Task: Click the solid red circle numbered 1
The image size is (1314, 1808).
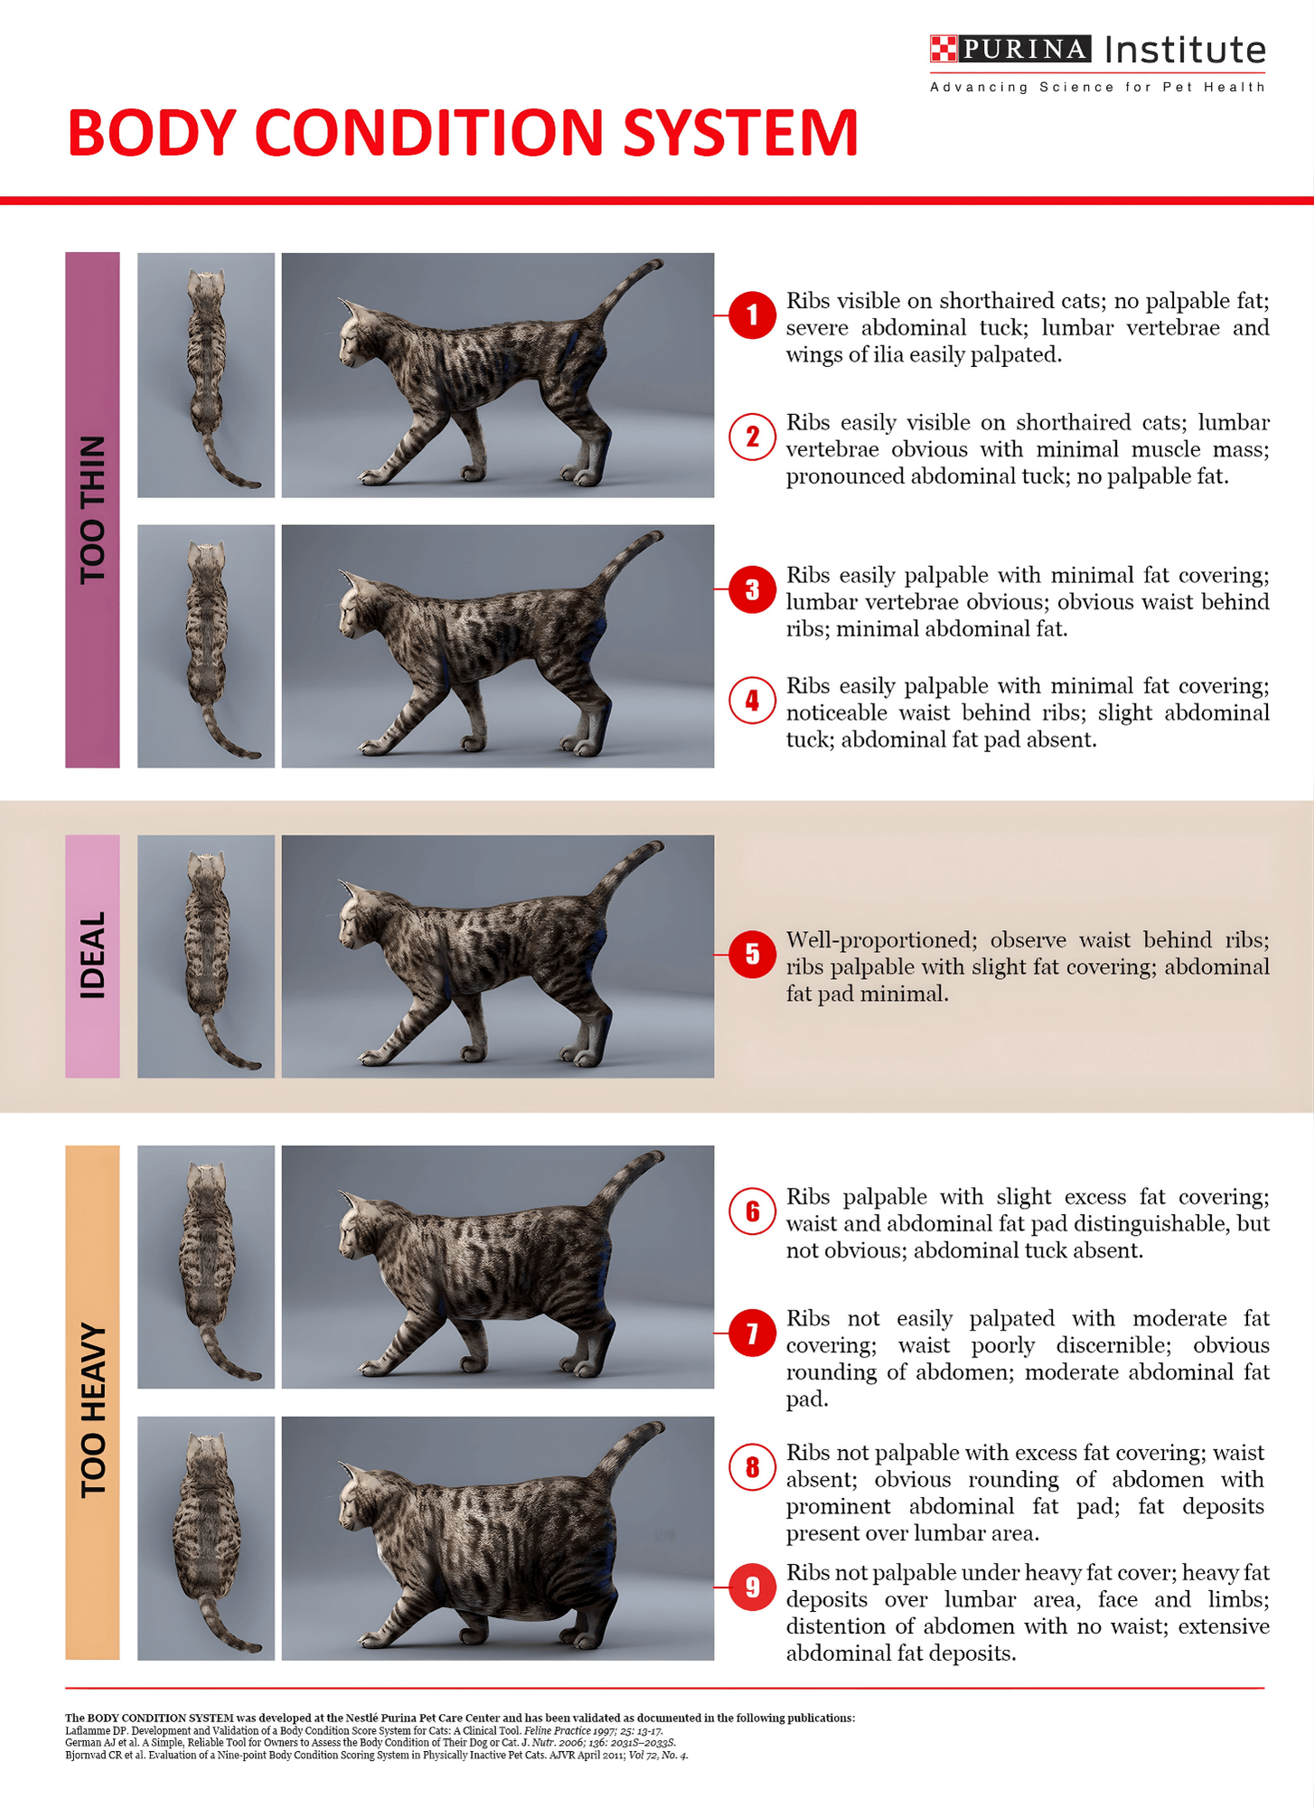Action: coord(752,315)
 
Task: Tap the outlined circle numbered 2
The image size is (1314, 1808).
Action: coord(752,437)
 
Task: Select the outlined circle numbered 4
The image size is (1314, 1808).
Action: coord(752,700)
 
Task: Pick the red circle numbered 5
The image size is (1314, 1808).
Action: coord(752,954)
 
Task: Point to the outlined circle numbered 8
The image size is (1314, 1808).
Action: coord(752,1467)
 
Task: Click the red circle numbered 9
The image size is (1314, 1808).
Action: coord(752,1587)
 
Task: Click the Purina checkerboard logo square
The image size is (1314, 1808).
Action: coord(943,49)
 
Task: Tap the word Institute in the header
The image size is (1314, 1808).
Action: coord(1185,50)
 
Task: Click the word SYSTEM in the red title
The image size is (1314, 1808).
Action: coord(740,133)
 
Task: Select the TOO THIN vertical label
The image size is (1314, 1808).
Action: coord(92,510)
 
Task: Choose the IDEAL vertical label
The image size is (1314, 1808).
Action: coord(92,956)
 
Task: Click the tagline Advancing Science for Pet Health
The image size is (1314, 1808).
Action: coord(1097,87)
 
